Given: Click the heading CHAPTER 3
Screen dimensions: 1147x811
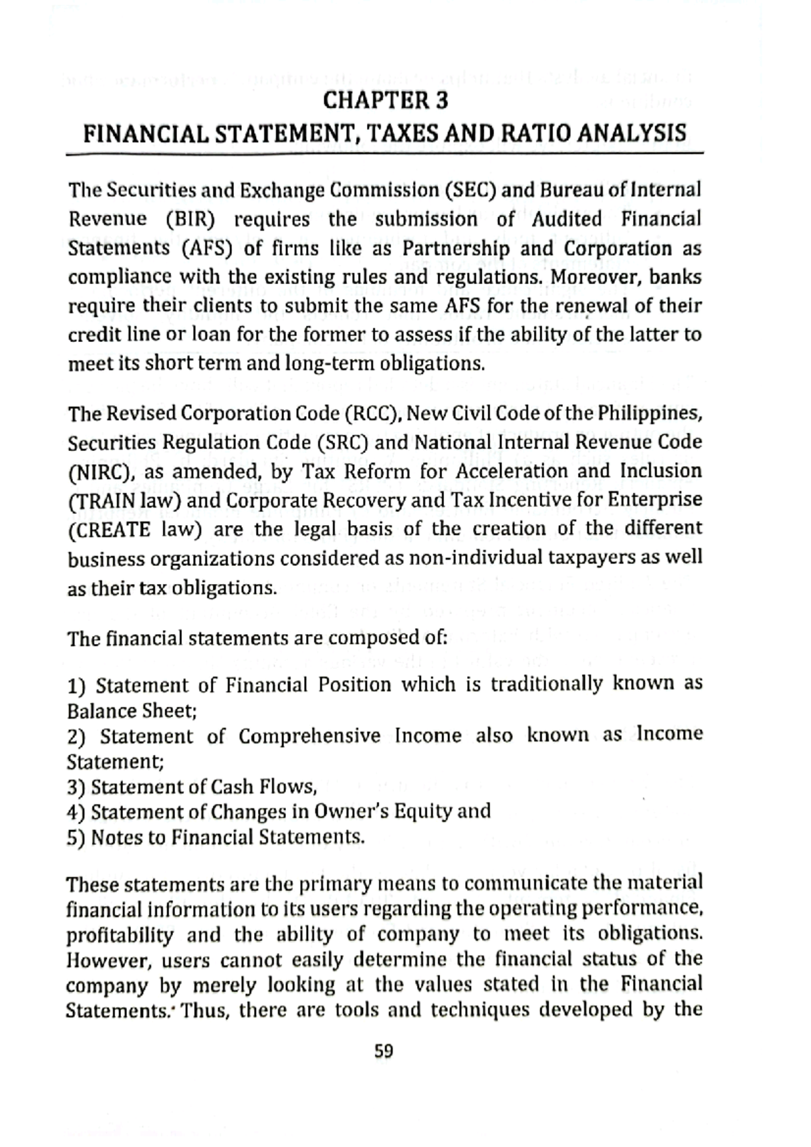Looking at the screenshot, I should [385, 101].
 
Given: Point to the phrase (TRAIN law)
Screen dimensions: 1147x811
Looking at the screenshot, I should [124, 501].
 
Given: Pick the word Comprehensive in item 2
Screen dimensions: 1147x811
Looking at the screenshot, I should [309, 736].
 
